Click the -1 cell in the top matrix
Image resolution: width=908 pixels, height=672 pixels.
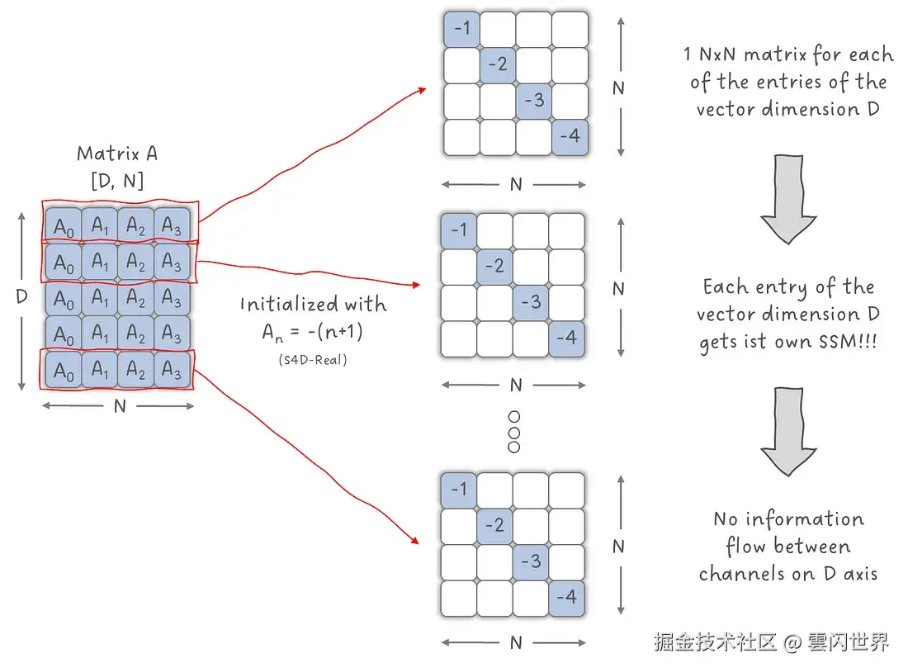[461, 28]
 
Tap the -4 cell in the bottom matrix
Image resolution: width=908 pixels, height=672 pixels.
[566, 598]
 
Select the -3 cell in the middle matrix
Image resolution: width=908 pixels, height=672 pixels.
[531, 302]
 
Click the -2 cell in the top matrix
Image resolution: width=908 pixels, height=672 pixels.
[498, 64]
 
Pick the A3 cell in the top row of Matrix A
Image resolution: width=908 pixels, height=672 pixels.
[172, 225]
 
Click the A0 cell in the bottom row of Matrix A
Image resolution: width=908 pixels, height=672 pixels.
[64, 370]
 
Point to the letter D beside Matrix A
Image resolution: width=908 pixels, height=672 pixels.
[22, 296]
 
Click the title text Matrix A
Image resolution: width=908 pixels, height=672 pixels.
[117, 154]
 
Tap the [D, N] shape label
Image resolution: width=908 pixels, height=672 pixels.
[117, 182]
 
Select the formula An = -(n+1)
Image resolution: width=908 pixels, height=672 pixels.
[313, 332]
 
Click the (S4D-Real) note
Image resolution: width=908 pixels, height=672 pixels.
[313, 360]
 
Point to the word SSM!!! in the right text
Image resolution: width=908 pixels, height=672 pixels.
[848, 341]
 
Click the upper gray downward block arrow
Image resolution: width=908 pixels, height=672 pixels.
[788, 199]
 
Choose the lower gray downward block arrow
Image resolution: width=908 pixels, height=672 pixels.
[788, 432]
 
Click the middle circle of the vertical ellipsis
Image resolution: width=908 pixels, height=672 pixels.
[513, 432]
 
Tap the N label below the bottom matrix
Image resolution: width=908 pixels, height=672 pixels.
[516, 643]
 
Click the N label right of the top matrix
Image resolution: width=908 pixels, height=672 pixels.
[618, 88]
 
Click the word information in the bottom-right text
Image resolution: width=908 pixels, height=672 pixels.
[805, 518]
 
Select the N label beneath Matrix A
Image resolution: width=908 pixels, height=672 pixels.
[120, 407]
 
